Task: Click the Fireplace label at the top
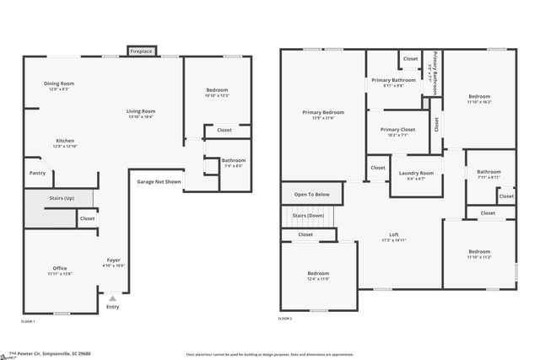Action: tap(141, 52)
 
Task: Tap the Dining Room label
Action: tap(60, 83)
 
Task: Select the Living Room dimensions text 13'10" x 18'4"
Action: tap(141, 116)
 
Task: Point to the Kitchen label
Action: tap(65, 140)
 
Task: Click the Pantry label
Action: tap(37, 173)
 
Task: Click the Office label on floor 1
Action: tap(60, 268)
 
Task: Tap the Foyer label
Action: tap(114, 260)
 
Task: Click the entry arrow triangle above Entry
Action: tap(113, 297)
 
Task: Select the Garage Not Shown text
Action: tap(159, 181)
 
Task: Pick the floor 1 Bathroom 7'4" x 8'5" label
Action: tap(234, 160)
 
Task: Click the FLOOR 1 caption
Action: tap(28, 321)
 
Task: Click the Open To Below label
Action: tap(311, 195)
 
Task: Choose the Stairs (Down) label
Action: tap(308, 216)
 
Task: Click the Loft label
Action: tap(393, 234)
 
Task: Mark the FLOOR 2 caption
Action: tap(285, 319)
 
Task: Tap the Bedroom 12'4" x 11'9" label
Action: tap(318, 273)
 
